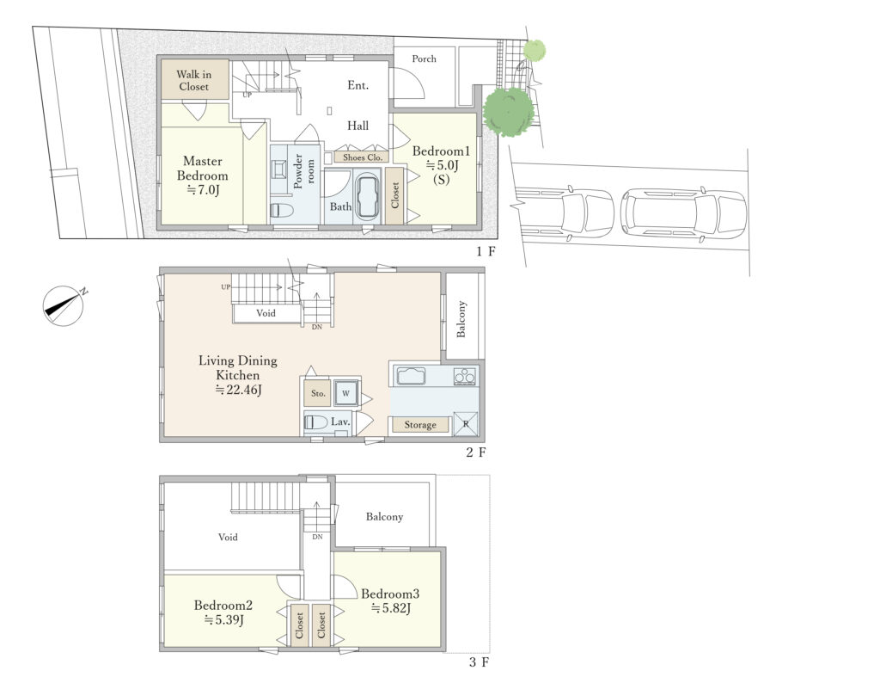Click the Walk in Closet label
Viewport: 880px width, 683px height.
coord(193,80)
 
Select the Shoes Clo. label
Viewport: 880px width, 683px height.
coord(362,157)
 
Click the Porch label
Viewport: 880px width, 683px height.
coord(424,58)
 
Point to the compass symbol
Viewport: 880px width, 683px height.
coord(64,306)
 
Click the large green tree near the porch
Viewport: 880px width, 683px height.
coord(509,111)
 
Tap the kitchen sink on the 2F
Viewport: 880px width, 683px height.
coord(411,375)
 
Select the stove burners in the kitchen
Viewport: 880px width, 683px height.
coord(465,376)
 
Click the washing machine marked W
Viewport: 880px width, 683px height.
coord(345,393)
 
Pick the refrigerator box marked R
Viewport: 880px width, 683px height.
coord(466,424)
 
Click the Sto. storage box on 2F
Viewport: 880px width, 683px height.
coord(318,393)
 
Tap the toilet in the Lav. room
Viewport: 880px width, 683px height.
coord(316,421)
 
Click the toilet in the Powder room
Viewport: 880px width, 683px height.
coord(282,211)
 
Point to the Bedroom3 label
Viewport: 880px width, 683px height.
coord(390,594)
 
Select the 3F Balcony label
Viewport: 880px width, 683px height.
coord(384,517)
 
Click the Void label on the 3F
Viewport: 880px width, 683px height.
coord(228,537)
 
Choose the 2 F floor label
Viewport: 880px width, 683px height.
coord(476,452)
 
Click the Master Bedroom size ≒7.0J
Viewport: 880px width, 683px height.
coord(203,190)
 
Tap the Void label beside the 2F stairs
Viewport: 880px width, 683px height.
coord(266,313)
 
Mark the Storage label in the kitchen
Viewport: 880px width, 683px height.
coord(420,425)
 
